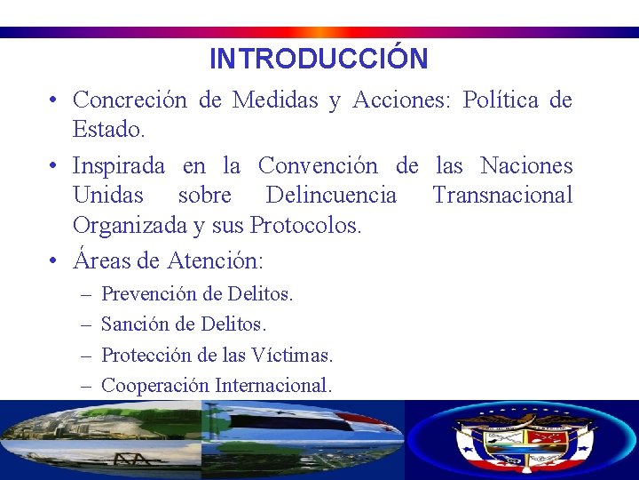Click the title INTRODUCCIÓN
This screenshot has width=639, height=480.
coord(319,59)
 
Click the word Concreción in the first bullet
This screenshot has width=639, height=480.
coord(130,100)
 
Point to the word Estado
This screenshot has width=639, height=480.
coord(107,130)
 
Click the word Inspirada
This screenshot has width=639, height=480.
coord(119,166)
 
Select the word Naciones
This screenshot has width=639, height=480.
coord(526,166)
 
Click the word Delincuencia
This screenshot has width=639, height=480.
coord(332,196)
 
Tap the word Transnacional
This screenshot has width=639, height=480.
coord(502,196)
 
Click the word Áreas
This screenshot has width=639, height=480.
coord(100,260)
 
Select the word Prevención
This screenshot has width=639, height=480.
coord(146,293)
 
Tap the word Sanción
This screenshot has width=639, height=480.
coord(133,324)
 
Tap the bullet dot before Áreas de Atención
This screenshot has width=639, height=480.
coord(54,261)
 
